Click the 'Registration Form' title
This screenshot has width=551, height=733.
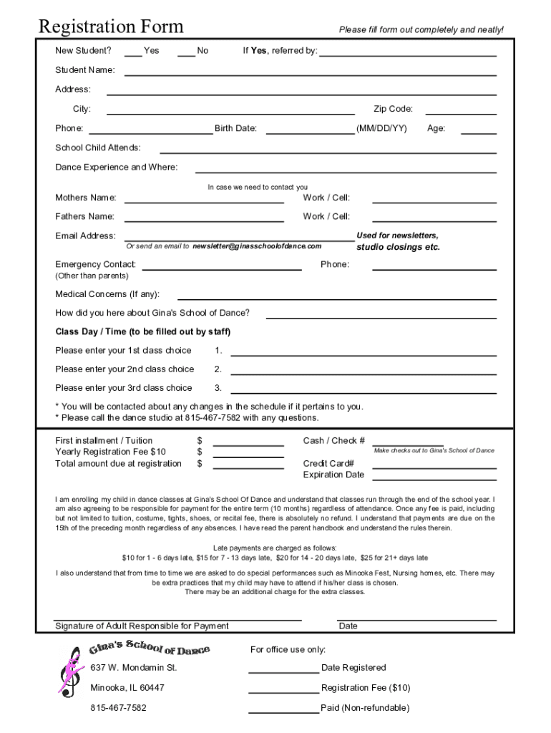(x=111, y=27)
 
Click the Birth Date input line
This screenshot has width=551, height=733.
(x=310, y=132)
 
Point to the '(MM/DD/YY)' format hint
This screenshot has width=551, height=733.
(x=381, y=129)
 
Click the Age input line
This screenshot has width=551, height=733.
(x=478, y=132)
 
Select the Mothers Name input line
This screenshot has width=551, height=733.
(x=204, y=201)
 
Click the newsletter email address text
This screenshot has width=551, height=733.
(x=257, y=246)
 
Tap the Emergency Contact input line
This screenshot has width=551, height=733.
(x=221, y=268)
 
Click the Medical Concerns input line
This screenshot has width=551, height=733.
(x=336, y=297)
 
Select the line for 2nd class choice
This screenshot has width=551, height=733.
(x=363, y=372)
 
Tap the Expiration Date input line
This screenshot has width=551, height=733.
(x=434, y=478)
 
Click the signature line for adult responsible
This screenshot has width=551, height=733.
(x=177, y=618)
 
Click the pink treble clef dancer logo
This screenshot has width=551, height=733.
(x=70, y=671)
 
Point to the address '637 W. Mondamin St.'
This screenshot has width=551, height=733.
(x=133, y=668)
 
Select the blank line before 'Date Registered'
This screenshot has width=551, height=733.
(x=283, y=671)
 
